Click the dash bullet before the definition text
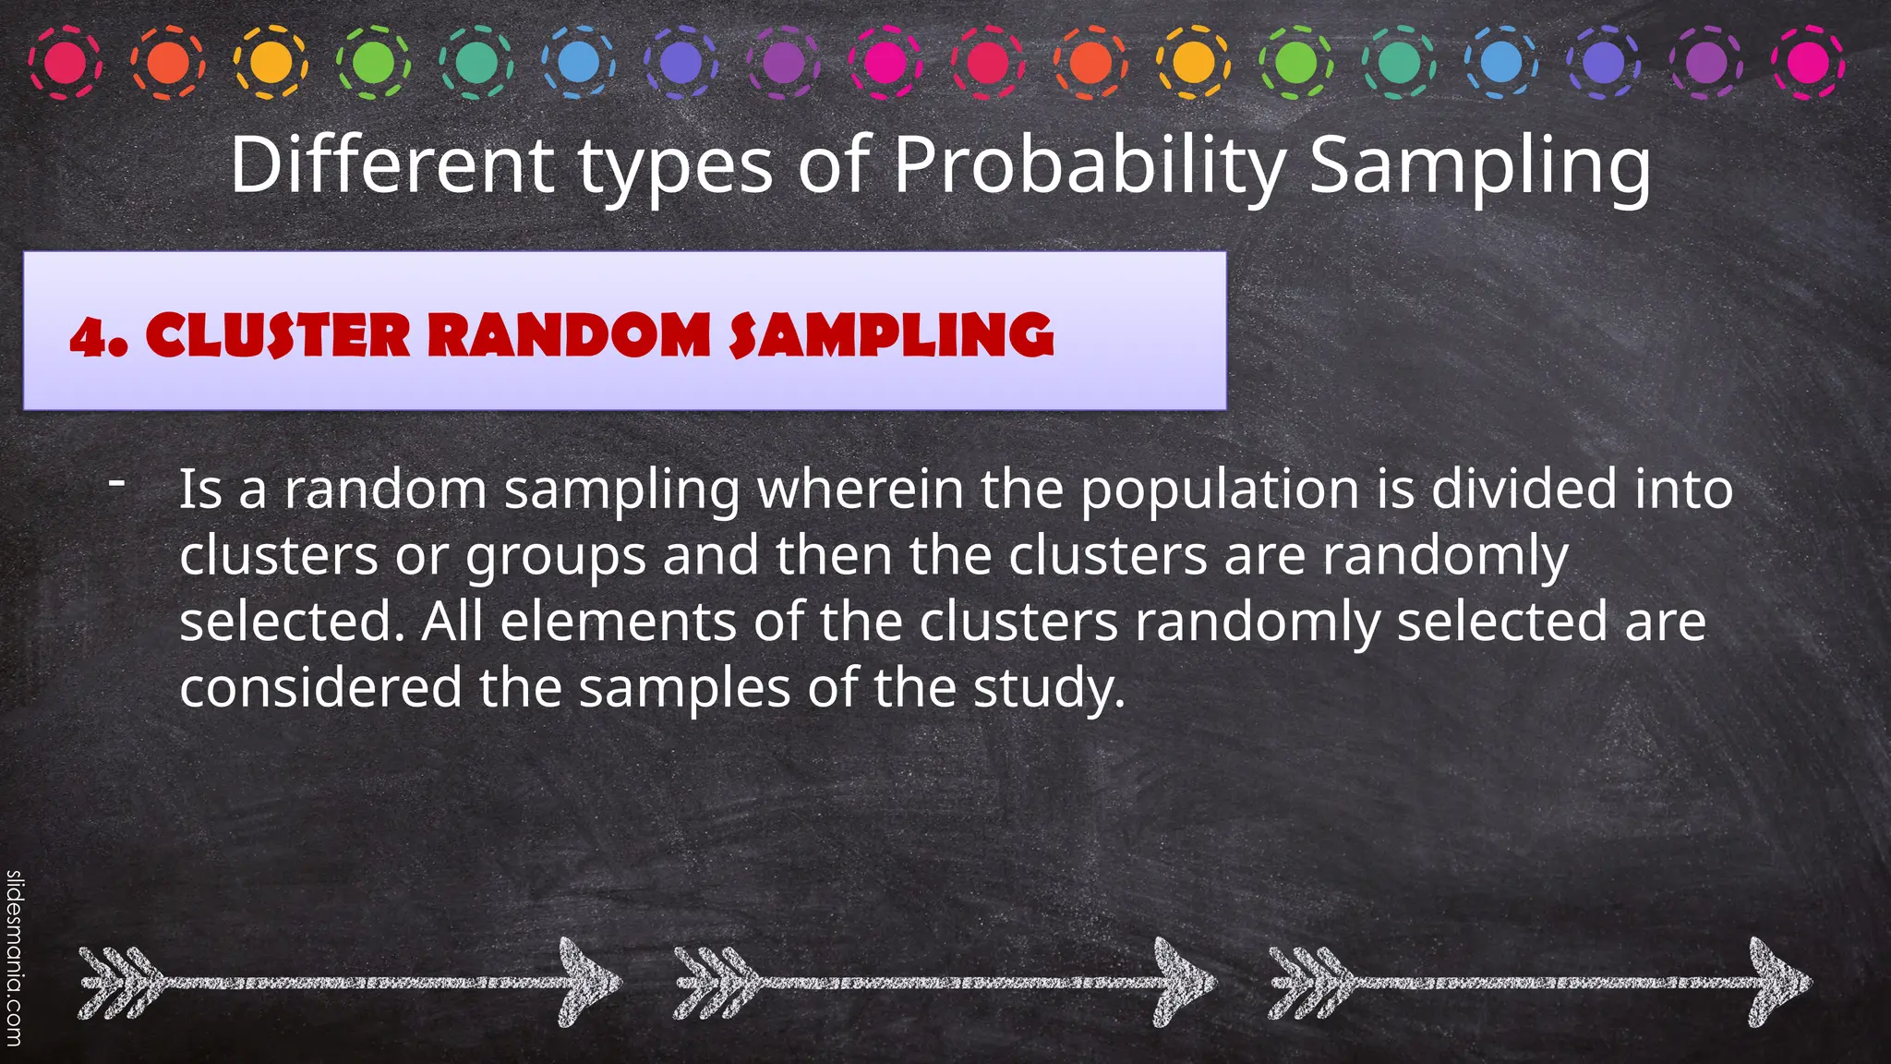coord(116,481)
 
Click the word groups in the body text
coord(555,557)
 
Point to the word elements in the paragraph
coord(618,621)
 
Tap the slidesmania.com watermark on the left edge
coord(14,961)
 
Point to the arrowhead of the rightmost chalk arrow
coord(1778,982)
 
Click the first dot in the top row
coord(66,63)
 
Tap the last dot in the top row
coord(1808,63)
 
